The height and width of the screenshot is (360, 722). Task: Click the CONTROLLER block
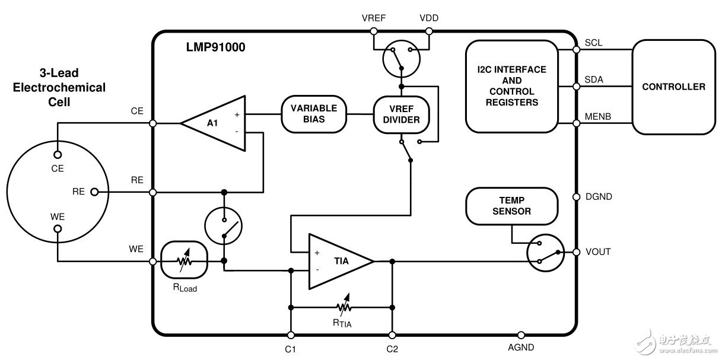[x=673, y=87]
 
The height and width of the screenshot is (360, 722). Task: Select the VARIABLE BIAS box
[x=313, y=114]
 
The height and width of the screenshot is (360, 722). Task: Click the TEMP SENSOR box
[x=511, y=206]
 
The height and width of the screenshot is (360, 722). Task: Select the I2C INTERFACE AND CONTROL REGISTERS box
[x=511, y=86]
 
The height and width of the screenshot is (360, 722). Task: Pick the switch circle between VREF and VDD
[x=401, y=60]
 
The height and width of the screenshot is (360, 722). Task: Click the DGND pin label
[x=598, y=196]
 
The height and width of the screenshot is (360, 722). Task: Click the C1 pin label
[x=291, y=349]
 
